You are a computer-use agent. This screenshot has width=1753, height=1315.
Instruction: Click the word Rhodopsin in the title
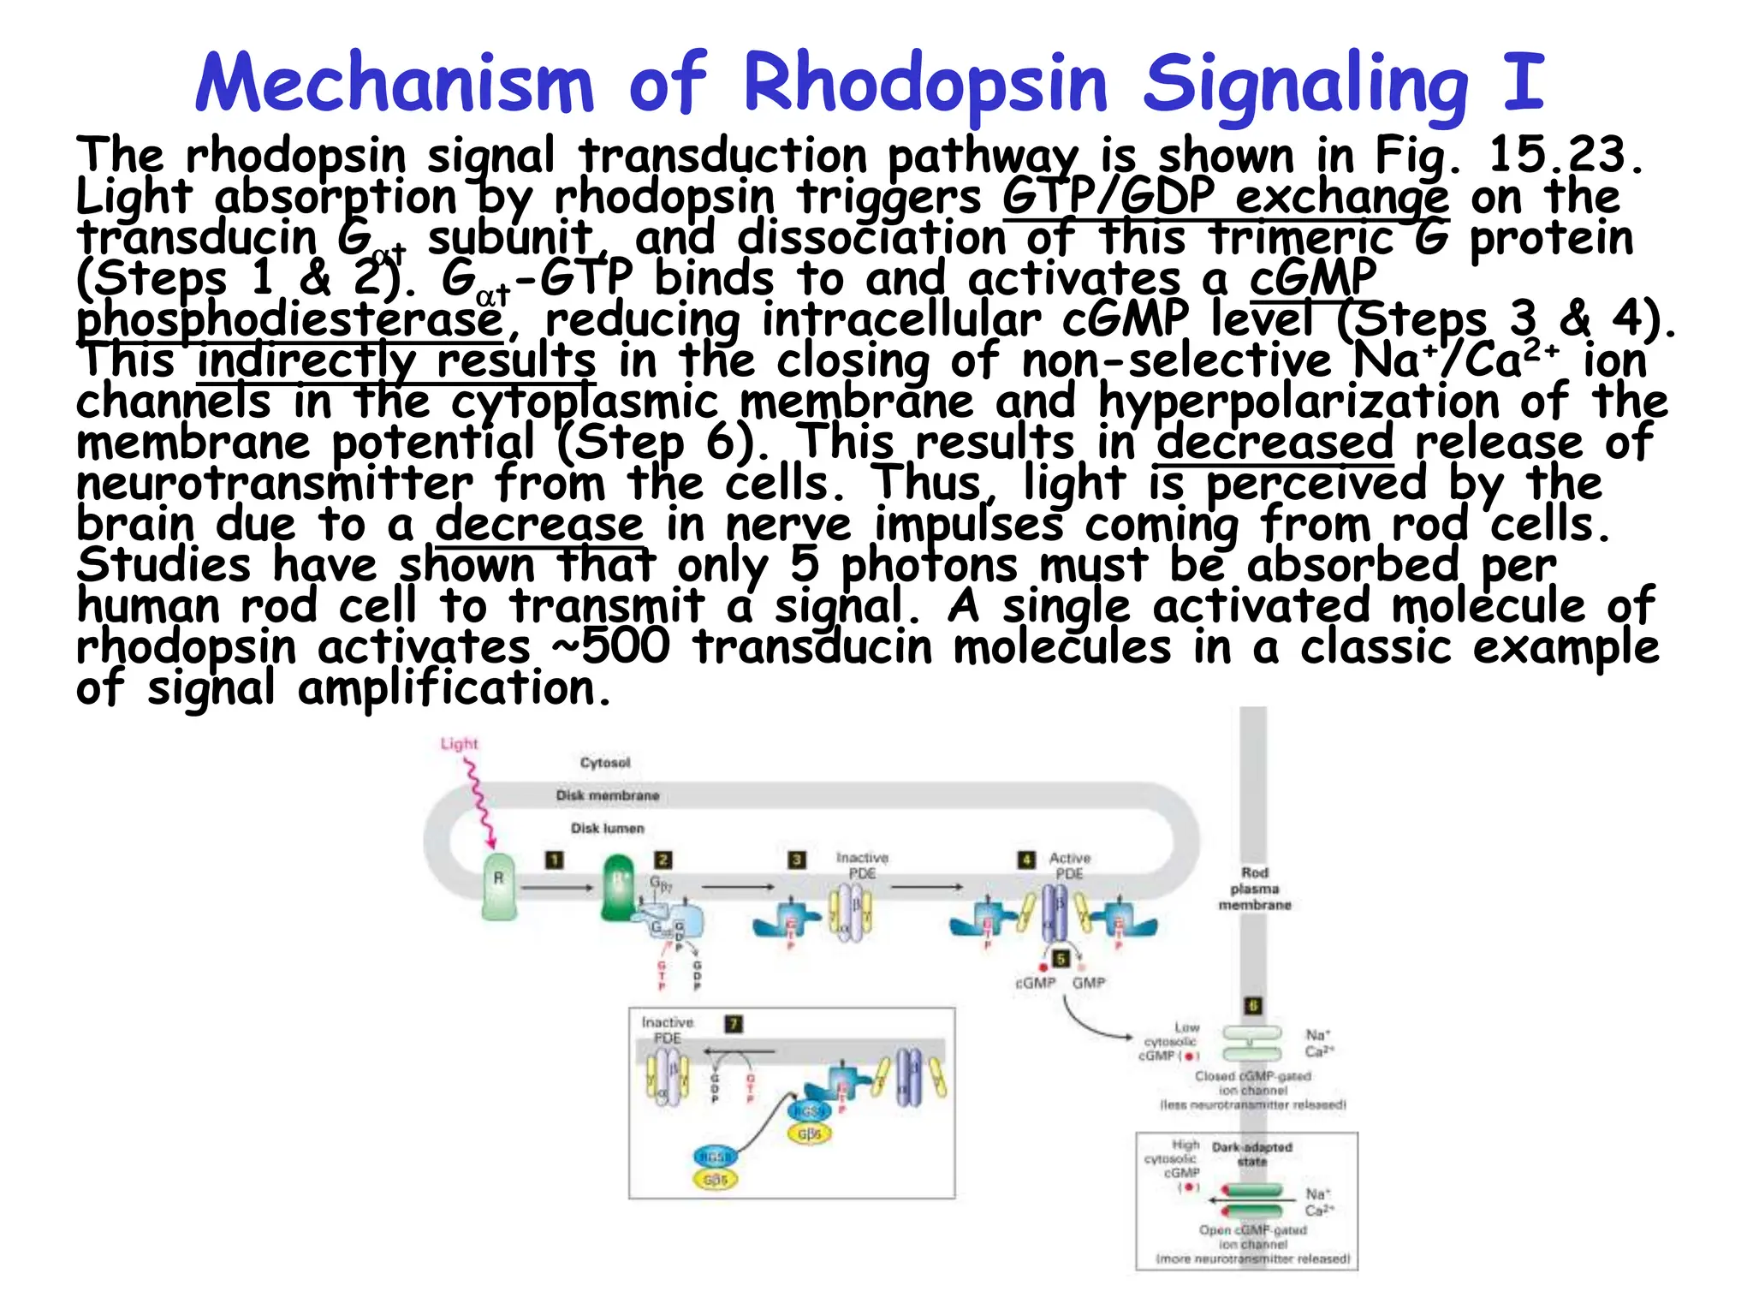point(927,84)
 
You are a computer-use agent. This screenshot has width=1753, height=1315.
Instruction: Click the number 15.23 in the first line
point(1561,156)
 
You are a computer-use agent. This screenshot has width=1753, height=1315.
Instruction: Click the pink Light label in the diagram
point(459,744)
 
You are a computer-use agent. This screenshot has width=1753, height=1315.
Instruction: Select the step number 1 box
point(555,860)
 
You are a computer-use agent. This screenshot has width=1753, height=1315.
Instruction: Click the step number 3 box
point(797,860)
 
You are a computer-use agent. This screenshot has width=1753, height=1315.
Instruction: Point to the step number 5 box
point(1061,959)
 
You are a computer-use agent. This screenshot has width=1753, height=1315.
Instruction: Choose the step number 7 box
point(734,1023)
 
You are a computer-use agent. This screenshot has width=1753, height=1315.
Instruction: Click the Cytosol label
point(605,763)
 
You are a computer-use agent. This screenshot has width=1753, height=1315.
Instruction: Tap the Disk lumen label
point(608,828)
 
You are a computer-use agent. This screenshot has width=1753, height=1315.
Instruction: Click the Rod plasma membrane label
point(1255,889)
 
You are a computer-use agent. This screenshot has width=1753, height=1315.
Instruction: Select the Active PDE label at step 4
point(1070,866)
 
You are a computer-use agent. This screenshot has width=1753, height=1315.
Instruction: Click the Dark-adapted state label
point(1252,1154)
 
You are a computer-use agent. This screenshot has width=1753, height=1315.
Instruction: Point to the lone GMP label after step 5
point(1089,983)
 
